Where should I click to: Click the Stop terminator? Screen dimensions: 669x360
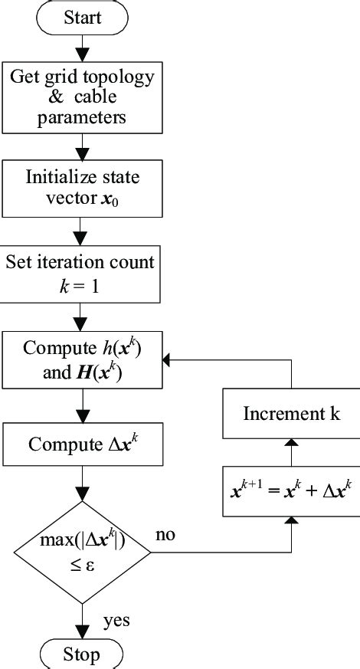pyautogui.click(x=82, y=655)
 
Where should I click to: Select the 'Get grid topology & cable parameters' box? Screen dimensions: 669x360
pyautogui.click(x=82, y=97)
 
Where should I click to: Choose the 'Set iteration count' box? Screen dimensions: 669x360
pyautogui.click(x=80, y=274)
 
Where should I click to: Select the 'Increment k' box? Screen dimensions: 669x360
pyautogui.click(x=292, y=415)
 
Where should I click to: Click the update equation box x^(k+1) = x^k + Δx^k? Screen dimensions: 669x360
pyautogui.click(x=292, y=488)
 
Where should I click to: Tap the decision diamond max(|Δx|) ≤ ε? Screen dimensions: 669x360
pyautogui.click(x=82, y=551)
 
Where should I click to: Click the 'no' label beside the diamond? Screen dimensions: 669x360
pyautogui.click(x=165, y=534)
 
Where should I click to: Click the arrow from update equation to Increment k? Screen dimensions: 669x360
pyautogui.click(x=292, y=451)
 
